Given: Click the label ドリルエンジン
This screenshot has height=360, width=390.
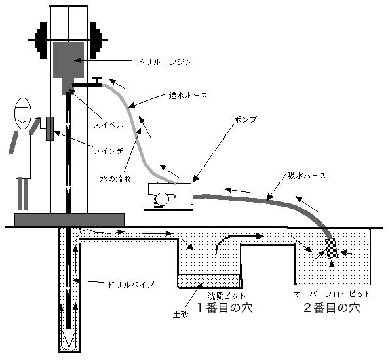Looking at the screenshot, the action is [x=165, y=62].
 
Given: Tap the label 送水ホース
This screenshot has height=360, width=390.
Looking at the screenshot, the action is [x=188, y=96].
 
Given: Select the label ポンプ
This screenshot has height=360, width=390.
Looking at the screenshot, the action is [x=245, y=119].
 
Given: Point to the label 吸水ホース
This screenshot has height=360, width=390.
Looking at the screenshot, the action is [x=307, y=176].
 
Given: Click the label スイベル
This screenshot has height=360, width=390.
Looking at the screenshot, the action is [x=108, y=125].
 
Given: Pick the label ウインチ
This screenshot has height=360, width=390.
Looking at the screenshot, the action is [x=108, y=151].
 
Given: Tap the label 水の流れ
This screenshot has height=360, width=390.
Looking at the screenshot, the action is [x=115, y=178].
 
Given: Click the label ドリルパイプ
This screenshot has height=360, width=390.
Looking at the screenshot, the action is [x=131, y=285].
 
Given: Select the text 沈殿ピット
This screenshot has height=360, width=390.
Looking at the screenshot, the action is [x=227, y=296].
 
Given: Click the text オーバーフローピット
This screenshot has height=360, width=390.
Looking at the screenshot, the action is [x=332, y=294].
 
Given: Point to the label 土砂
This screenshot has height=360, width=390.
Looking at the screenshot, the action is [x=181, y=315].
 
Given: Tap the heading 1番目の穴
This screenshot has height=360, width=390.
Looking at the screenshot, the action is [x=225, y=308].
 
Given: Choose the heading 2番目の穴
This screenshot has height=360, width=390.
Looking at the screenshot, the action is [x=332, y=308].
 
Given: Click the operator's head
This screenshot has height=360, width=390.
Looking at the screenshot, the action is [x=23, y=113].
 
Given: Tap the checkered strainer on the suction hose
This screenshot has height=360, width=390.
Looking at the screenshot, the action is [x=331, y=249].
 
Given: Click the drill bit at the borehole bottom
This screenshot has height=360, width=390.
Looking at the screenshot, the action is [x=69, y=339].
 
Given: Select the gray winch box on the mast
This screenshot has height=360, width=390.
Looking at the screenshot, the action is [x=50, y=129].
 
